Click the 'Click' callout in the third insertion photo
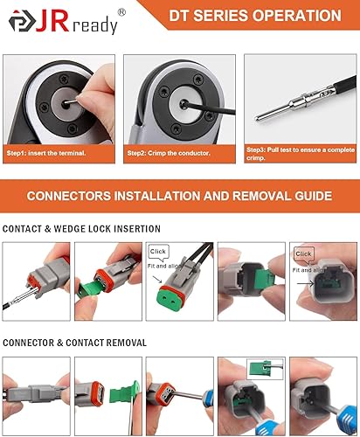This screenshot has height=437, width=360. click(x=158, y=251)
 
